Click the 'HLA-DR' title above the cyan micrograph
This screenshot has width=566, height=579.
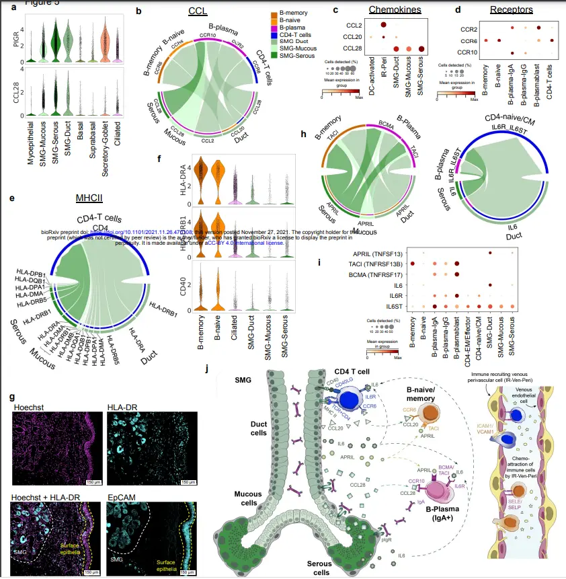point(123,407)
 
